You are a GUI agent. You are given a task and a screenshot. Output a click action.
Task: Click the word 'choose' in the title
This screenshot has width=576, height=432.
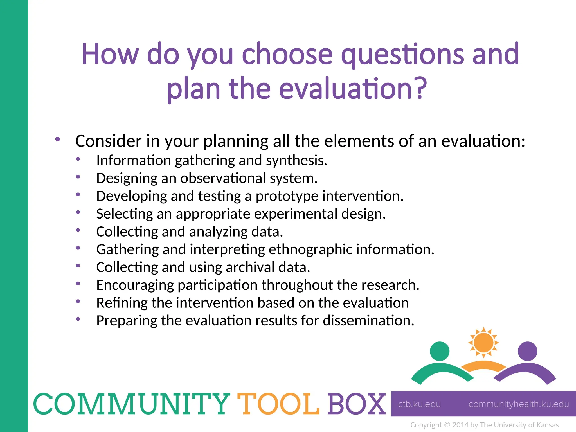coord(287,54)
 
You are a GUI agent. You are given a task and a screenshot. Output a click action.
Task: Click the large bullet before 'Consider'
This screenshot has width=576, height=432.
coord(58,139)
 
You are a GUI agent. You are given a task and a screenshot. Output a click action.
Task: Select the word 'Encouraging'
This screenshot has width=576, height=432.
coord(135,285)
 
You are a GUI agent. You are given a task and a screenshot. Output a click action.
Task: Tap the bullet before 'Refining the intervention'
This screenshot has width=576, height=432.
coord(78,301)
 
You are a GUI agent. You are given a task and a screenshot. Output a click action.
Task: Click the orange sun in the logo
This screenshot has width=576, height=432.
coord(483,343)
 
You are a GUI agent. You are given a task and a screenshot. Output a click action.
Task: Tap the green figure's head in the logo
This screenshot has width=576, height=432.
coord(440,351)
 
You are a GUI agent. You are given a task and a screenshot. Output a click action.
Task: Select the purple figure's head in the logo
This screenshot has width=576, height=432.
coord(527,351)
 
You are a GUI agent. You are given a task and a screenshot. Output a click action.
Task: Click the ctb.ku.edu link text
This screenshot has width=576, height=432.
coord(419,404)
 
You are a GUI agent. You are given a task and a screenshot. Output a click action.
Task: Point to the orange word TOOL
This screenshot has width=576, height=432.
coord(278,404)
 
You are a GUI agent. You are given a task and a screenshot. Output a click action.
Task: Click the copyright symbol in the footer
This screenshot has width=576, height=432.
coord(447,425)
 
